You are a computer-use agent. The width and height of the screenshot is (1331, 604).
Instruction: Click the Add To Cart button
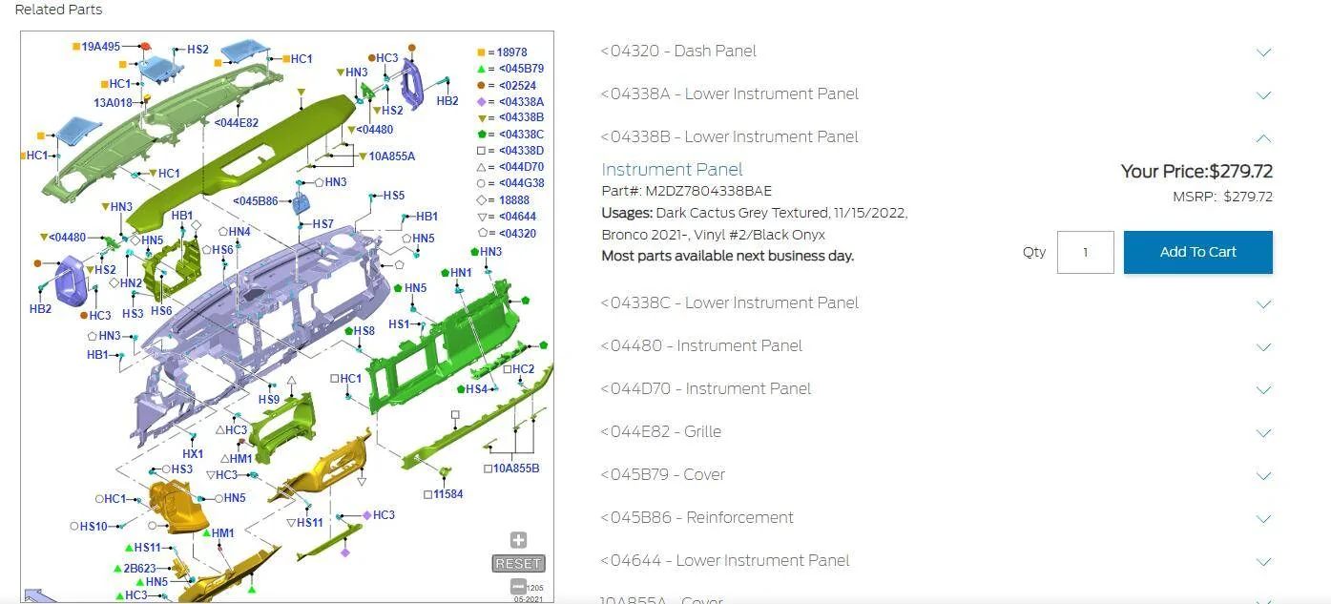pyautogui.click(x=1198, y=252)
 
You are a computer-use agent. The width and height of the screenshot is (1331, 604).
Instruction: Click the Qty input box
pyautogui.click(x=1085, y=252)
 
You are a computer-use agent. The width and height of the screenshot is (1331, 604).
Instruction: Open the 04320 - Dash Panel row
pyautogui.click(x=678, y=52)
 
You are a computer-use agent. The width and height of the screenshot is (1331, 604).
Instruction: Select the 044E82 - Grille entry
pyautogui.click(x=661, y=431)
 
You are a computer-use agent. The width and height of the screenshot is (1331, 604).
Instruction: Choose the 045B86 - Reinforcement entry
pyautogui.click(x=697, y=517)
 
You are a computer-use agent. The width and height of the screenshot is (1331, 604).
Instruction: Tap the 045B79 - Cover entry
pyautogui.click(x=662, y=474)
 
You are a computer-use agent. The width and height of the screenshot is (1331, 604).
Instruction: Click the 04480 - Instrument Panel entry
pyautogui.click(x=701, y=345)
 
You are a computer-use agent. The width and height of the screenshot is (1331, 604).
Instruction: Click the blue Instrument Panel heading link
pyautogui.click(x=672, y=170)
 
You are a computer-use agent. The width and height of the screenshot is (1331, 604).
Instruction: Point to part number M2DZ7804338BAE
pyautogui.click(x=708, y=191)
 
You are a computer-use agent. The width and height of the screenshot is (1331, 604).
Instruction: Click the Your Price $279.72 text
pyautogui.click(x=1196, y=171)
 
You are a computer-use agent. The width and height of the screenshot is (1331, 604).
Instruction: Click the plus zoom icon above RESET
pyautogui.click(x=518, y=540)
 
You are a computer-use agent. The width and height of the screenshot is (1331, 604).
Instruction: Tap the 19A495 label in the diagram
pyautogui.click(x=100, y=47)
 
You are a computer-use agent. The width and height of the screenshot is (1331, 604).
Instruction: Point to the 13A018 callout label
pyautogui.click(x=113, y=103)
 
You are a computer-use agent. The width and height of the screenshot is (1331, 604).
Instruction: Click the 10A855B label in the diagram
pyautogui.click(x=516, y=469)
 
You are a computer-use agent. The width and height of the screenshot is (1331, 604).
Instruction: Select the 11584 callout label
pyautogui.click(x=447, y=494)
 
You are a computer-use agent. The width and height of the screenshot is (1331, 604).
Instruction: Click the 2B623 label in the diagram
pyautogui.click(x=139, y=569)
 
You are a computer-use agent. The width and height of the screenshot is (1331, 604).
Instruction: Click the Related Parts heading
pyautogui.click(x=58, y=10)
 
